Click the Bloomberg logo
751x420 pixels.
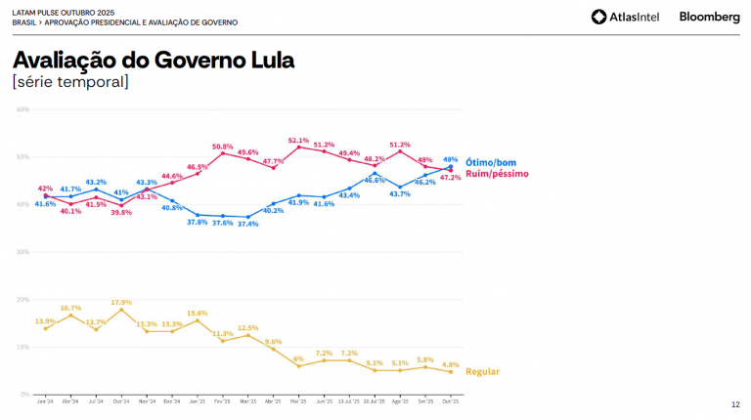(x=709, y=17)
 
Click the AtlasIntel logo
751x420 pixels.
(x=625, y=17)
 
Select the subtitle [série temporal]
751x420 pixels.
(x=70, y=82)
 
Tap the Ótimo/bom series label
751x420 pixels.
(x=492, y=162)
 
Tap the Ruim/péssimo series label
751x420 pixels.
(x=497, y=174)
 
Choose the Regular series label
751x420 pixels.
(x=482, y=372)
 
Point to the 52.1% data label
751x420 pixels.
(x=299, y=140)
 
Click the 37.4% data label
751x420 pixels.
(x=248, y=224)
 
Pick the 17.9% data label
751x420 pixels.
(x=121, y=302)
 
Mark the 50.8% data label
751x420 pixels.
(x=223, y=147)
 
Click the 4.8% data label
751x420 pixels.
(x=450, y=363)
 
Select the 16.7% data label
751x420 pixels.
(x=70, y=308)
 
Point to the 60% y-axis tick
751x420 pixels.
(x=22, y=109)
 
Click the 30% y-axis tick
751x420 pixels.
(x=22, y=252)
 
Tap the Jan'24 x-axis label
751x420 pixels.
(x=45, y=401)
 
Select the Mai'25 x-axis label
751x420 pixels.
(x=298, y=401)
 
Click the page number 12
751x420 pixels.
(x=735, y=404)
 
